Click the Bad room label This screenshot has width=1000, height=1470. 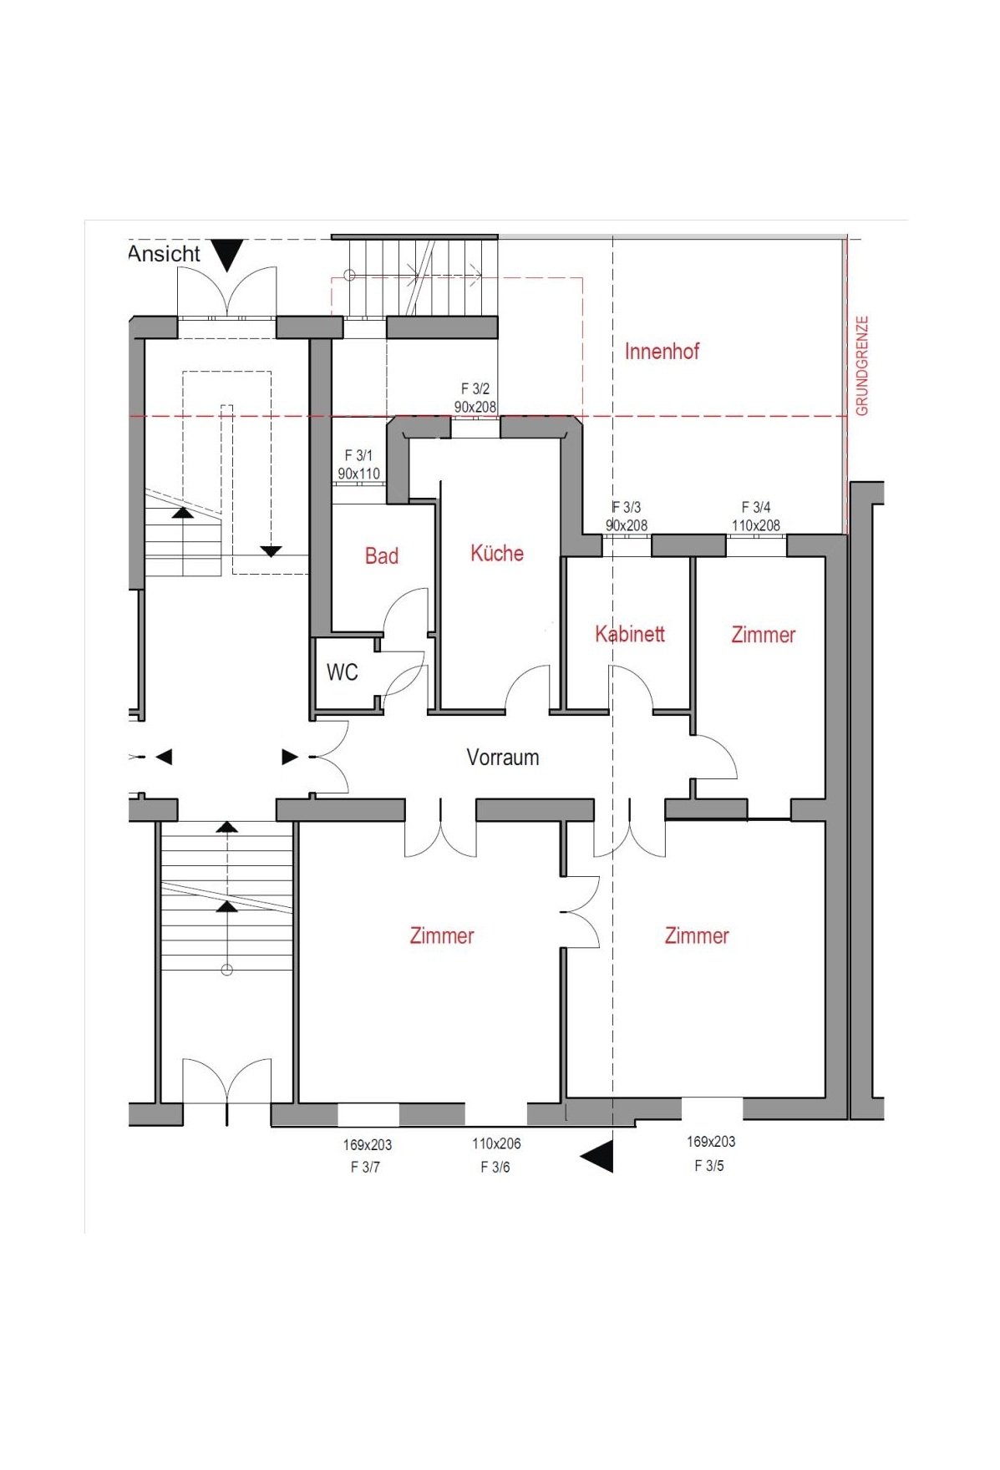coord(381,556)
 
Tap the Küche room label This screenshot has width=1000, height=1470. coord(497,553)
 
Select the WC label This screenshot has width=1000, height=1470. coord(342,672)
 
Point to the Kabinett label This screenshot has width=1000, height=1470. coord(630,634)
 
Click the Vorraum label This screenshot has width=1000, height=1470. coord(503,758)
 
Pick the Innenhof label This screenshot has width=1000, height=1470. coord(662,351)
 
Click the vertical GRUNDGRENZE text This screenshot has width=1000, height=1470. coord(862,365)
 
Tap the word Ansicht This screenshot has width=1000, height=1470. coord(164,254)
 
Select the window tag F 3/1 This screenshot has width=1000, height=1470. coord(358,455)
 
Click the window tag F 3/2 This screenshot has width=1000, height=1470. coord(475,388)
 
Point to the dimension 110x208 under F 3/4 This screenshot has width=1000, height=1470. coord(756,525)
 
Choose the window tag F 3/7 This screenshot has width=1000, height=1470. coord(365,1167)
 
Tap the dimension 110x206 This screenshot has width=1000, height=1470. coord(496,1143)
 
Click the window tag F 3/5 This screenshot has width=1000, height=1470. coord(709,1165)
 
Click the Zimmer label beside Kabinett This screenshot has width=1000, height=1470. coord(764,635)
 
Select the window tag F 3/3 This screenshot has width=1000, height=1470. coord(626,507)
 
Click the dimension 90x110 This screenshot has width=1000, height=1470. coord(358,474)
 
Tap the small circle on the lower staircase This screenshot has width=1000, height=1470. coord(226,970)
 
